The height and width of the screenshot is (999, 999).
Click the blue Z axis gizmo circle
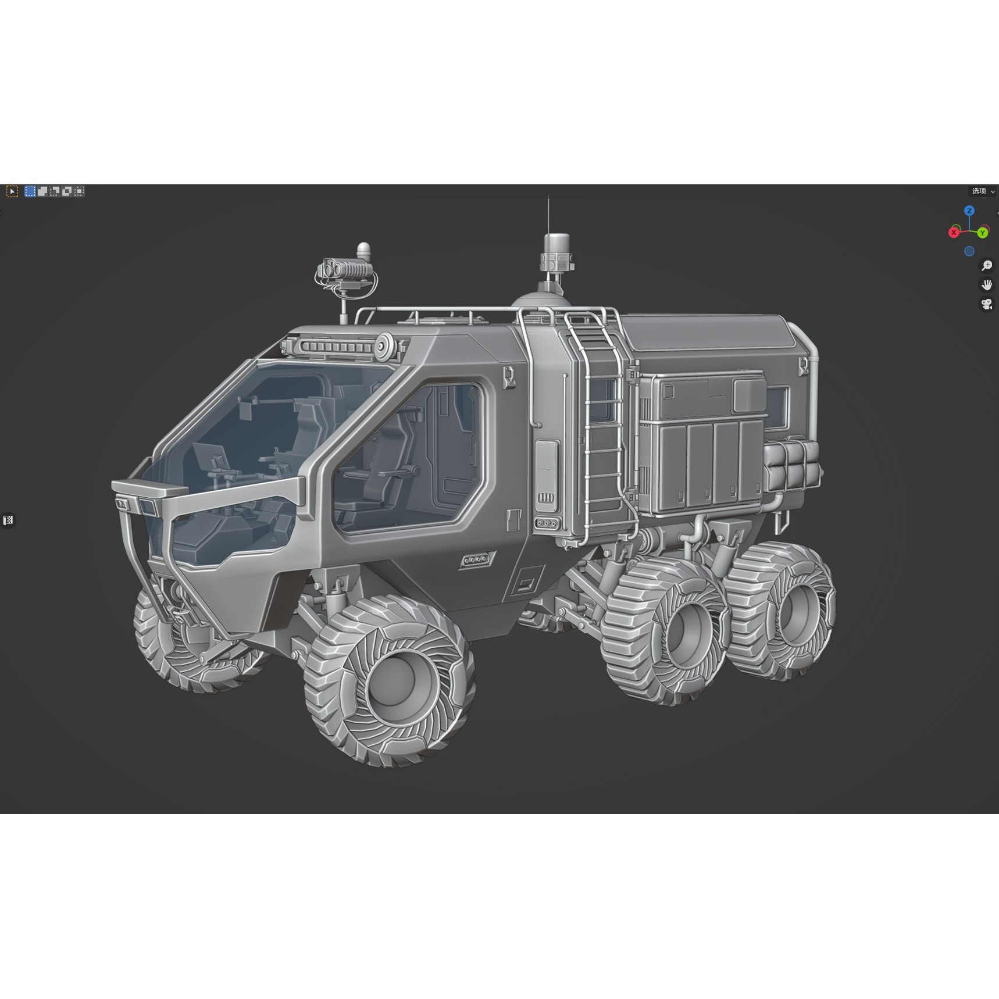click(969, 211)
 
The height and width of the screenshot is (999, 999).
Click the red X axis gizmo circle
click(954, 233)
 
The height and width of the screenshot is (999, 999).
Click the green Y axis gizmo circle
click(983, 233)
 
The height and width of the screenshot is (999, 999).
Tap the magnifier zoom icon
click(987, 266)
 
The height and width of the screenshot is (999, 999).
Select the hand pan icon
click(987, 285)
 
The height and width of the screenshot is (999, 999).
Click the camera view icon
click(987, 304)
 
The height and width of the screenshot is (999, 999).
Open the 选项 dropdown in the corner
click(983, 191)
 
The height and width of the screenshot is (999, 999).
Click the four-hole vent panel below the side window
click(476, 559)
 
